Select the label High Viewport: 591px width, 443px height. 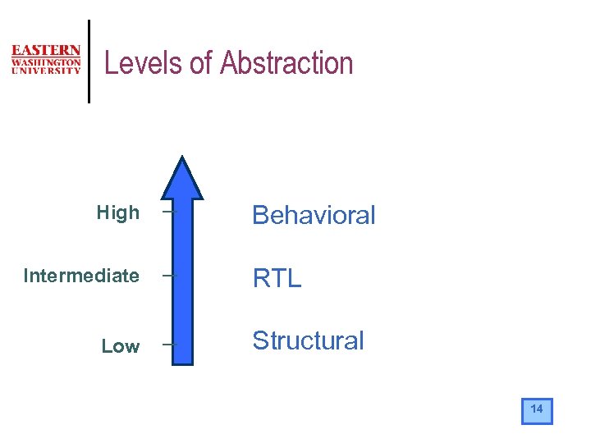pos(118,213)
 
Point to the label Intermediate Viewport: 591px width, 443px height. pos(81,276)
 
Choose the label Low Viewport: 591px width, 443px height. pos(120,346)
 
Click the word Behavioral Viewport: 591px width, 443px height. pos(314,215)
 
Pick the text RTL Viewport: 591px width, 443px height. pos(277,278)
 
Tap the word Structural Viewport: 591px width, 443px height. pos(308,340)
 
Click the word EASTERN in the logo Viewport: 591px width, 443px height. pos(46,51)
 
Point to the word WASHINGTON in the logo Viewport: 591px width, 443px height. pos(46,62)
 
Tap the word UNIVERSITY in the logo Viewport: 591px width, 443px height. pos(46,71)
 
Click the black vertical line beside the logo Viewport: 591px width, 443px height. pos(89,62)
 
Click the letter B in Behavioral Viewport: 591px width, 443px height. pos(261,215)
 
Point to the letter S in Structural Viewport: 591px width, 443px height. pos(260,340)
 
